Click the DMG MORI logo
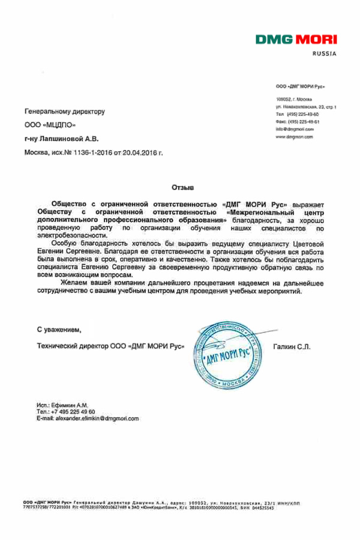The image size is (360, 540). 297,40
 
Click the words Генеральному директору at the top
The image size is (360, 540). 65,112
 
